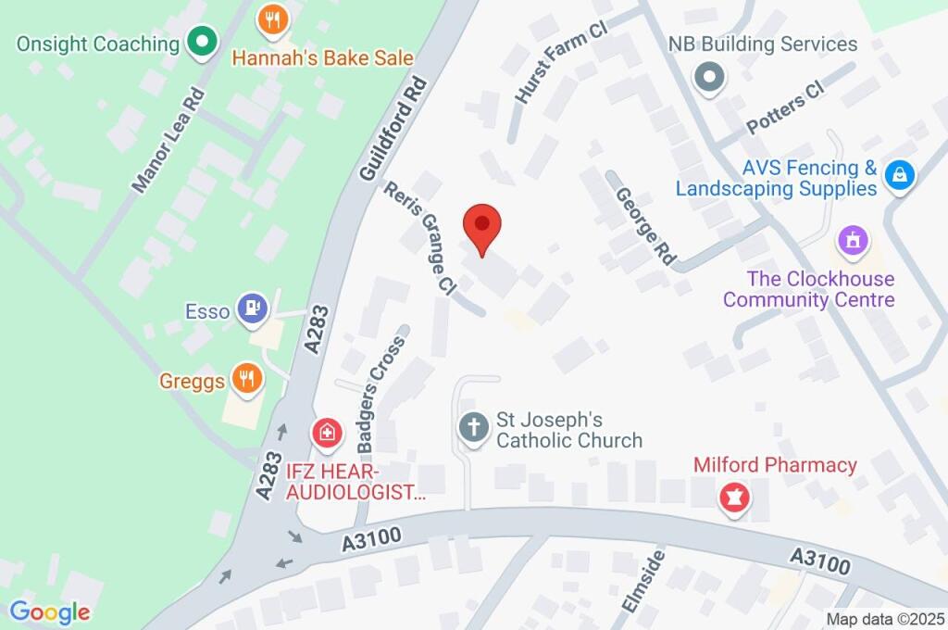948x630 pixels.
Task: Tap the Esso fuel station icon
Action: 251,309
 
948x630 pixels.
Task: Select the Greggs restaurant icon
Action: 246,380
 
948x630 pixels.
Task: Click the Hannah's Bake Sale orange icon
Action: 272,20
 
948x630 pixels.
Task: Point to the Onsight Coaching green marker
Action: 201,42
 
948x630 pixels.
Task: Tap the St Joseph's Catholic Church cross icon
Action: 473,428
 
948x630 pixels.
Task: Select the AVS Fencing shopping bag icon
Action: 899,174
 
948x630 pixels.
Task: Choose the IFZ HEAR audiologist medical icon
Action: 326,432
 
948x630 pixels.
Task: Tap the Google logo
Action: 49,611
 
